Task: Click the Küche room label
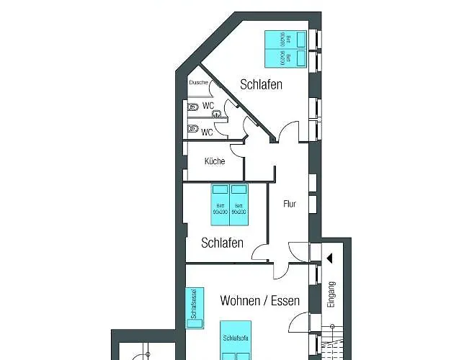215,161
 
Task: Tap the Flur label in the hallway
289,204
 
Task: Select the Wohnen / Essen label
259,301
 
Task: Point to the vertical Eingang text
331,294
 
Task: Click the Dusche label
199,83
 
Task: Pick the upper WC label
208,106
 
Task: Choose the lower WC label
207,132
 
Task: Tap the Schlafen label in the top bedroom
261,84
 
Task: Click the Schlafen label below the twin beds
222,243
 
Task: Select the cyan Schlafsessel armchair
192,307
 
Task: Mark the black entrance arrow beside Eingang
329,257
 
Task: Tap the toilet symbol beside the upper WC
192,107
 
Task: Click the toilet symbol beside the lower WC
192,130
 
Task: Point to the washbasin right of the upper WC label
223,112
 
